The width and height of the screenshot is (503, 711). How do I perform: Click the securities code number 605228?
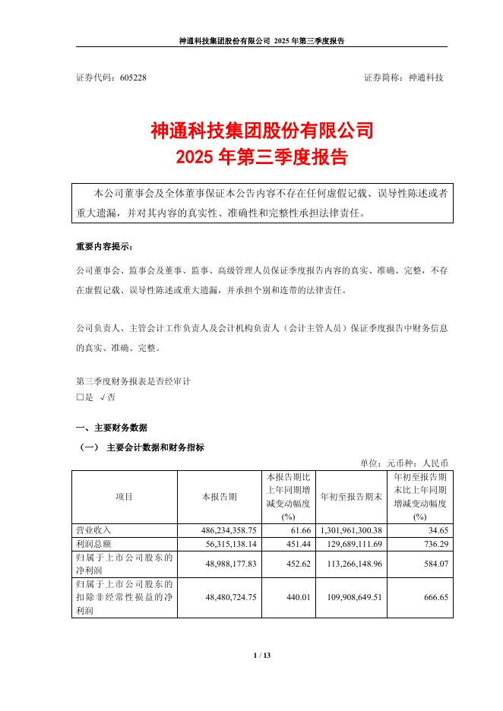(133, 77)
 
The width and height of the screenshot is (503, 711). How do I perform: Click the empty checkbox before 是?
(80, 397)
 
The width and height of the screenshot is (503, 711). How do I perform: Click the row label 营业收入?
(93, 529)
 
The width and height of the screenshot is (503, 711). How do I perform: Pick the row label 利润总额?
(93, 544)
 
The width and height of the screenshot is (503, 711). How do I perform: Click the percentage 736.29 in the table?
(434, 544)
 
